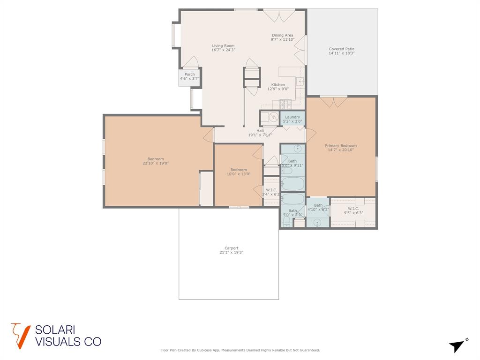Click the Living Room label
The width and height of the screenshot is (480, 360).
point(223,45)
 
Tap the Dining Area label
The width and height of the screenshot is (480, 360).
point(283,35)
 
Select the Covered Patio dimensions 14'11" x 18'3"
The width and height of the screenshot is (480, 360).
point(341,53)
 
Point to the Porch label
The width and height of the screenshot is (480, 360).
point(189,75)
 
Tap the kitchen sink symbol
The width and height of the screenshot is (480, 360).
point(300,82)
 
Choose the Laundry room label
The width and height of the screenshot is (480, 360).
point(292,117)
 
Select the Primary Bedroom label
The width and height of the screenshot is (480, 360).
point(341,145)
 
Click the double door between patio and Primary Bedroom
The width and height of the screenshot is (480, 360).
point(333,101)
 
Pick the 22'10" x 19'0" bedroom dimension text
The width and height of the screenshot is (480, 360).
point(156,163)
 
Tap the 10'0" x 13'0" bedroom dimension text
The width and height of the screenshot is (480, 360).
point(238,174)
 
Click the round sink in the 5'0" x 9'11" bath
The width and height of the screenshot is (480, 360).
point(297,150)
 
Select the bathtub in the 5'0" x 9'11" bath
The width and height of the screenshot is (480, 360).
point(292,183)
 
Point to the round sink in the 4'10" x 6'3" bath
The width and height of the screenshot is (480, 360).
point(317,222)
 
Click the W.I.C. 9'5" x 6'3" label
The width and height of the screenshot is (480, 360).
point(353,208)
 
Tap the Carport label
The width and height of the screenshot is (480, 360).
point(231,248)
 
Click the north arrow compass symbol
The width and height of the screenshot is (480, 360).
point(457,346)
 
